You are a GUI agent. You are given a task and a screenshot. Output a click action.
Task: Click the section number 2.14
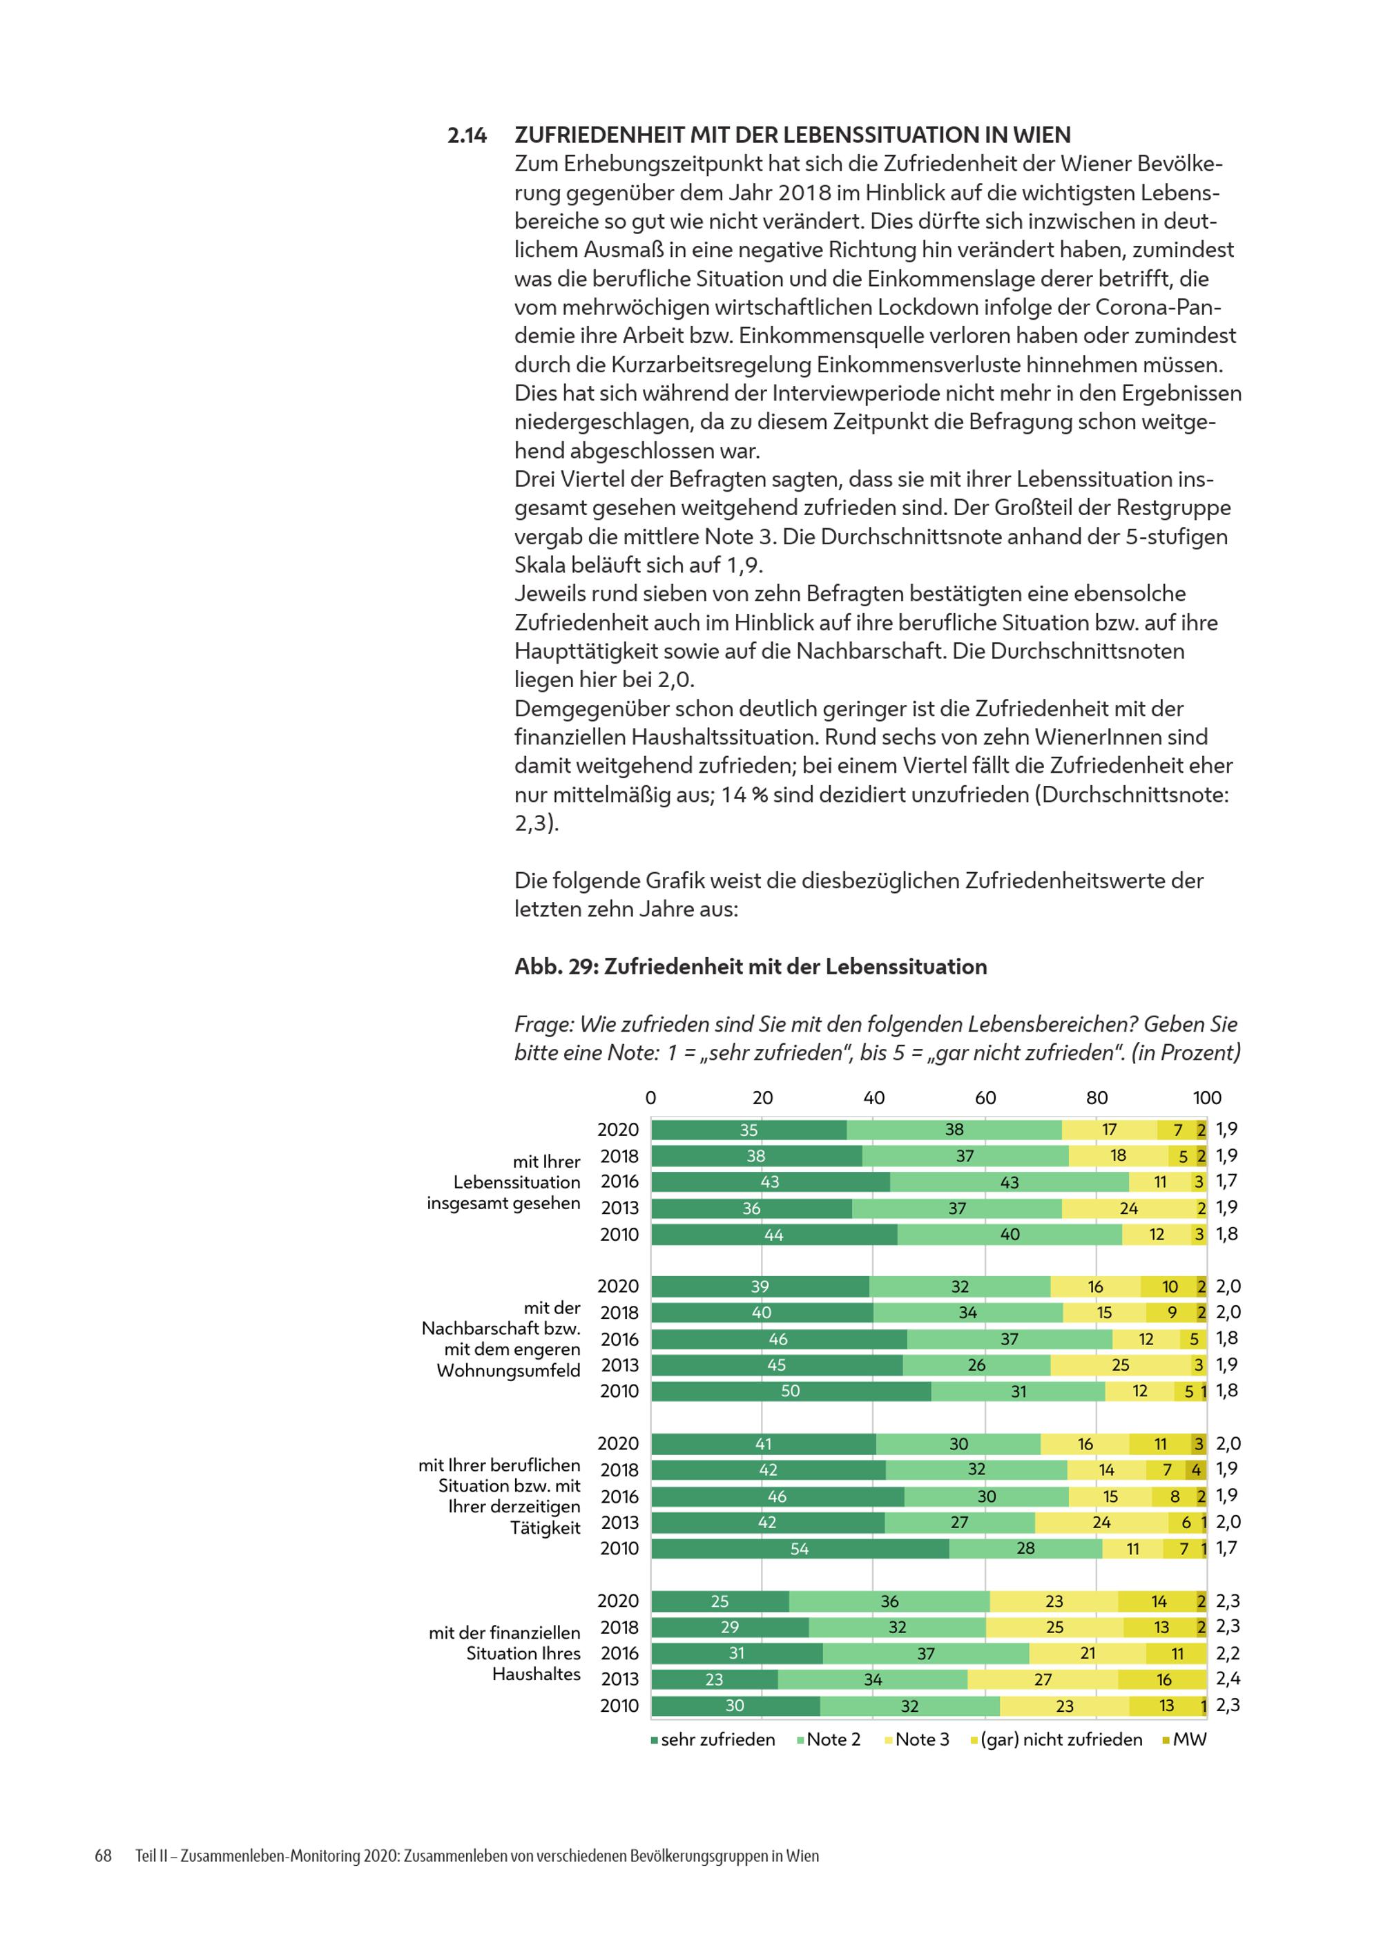467,135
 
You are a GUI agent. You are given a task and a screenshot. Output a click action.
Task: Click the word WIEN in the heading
1042,135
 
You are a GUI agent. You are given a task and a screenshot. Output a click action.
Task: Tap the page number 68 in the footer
103,1855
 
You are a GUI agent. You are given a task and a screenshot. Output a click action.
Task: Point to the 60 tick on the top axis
985,1098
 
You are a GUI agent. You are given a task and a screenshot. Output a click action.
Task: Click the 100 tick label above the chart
1207,1098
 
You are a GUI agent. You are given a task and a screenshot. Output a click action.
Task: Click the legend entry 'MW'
1185,1739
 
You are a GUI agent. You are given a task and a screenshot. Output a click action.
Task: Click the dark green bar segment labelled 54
800,1549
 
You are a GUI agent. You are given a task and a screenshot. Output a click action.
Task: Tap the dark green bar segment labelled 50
791,1391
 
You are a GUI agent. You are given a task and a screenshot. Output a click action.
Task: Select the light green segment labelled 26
977,1365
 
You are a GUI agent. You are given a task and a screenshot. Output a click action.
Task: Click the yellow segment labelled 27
1043,1679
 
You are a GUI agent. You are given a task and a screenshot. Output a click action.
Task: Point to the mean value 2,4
1228,1679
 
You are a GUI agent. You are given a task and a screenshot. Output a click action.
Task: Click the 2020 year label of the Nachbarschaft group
618,1286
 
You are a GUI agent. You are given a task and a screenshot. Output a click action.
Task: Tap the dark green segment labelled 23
715,1679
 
